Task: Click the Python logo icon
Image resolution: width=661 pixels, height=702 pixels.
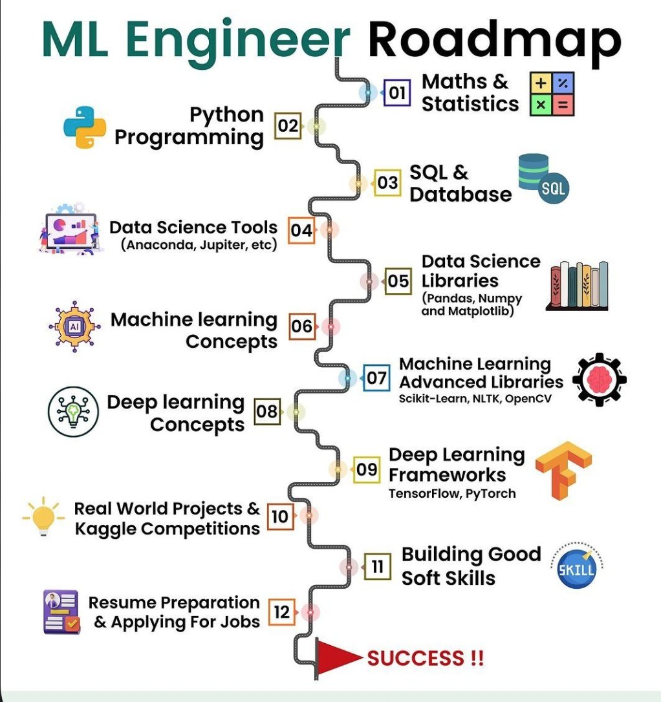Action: (x=85, y=127)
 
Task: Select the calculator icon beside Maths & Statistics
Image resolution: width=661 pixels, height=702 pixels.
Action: (x=551, y=94)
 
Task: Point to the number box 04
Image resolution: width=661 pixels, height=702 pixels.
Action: (x=301, y=229)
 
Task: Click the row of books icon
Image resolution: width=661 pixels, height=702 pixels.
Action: (x=577, y=285)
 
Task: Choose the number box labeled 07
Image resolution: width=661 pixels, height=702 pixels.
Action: (x=376, y=378)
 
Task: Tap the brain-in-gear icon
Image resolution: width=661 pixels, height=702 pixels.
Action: (x=599, y=381)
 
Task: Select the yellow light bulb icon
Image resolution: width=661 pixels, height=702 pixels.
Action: (x=43, y=516)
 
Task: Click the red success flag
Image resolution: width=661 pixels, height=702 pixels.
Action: (x=337, y=657)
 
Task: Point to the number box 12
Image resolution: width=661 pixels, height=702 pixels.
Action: (x=282, y=611)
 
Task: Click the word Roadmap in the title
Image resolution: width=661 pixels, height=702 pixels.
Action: (x=494, y=40)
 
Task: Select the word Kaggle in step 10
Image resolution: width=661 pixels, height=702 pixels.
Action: (x=106, y=529)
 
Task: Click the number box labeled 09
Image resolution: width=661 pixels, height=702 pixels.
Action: (x=367, y=469)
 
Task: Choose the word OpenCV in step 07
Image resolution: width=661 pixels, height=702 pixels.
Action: (x=528, y=398)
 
